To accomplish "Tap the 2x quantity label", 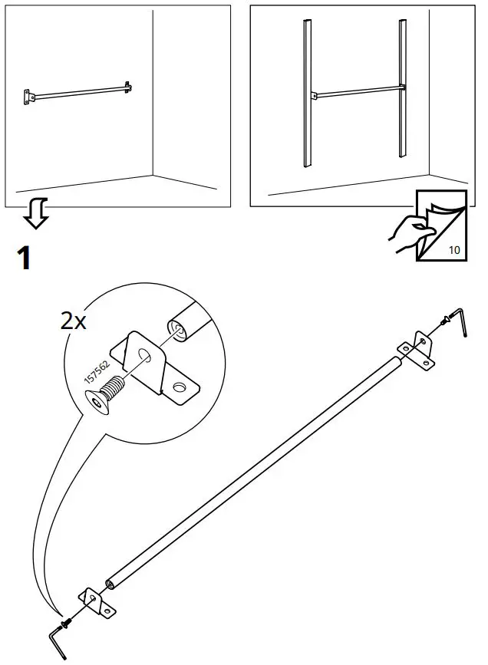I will [x=74, y=320].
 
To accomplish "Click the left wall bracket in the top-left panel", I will [x=28, y=96].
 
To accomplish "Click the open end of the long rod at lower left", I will [x=113, y=584].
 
